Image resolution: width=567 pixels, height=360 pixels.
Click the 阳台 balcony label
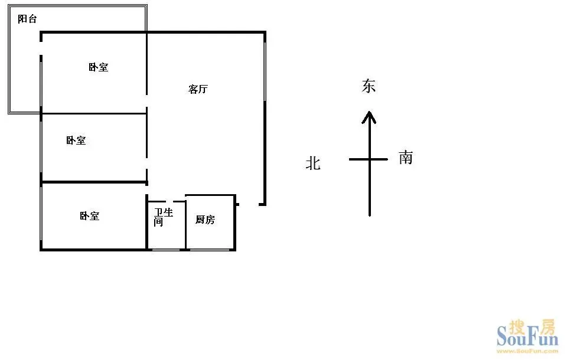tap(28, 19)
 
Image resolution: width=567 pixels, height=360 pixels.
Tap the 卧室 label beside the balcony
tap(99, 67)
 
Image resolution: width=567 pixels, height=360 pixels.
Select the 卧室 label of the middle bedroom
tap(76, 140)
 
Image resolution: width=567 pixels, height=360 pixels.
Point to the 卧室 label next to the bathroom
tap(89, 216)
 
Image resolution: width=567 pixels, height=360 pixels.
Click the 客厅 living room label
tap(198, 89)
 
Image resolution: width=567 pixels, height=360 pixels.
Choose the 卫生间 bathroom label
tap(164, 217)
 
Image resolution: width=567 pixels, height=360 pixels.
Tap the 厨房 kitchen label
tap(205, 220)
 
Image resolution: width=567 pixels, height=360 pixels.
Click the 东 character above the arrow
tap(369, 86)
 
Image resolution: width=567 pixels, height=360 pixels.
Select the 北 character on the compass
tap(313, 163)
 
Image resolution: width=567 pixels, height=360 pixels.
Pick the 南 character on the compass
tap(406, 158)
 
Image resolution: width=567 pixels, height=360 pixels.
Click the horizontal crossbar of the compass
tap(369, 159)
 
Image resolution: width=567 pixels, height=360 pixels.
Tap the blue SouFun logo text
tap(527, 337)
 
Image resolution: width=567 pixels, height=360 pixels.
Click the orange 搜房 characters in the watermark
tap(532, 327)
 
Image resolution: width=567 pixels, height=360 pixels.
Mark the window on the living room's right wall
tap(265, 71)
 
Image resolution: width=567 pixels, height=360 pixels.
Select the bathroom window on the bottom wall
tap(166, 250)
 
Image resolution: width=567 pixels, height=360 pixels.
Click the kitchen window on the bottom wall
tap(210, 250)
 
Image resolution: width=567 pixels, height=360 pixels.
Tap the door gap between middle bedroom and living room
tap(146, 163)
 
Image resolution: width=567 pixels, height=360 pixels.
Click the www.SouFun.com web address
tap(527, 351)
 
